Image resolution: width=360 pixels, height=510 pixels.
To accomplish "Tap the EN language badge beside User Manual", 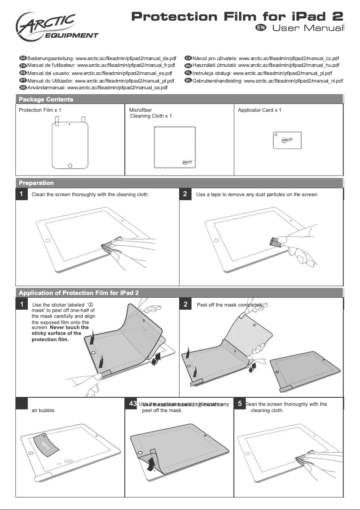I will [x=261, y=28].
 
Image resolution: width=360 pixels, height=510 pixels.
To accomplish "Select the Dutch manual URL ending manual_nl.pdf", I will [x=268, y=81].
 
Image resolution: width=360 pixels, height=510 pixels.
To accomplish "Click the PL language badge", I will [x=188, y=73].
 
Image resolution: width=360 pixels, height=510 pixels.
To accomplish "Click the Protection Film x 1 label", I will [x=40, y=110].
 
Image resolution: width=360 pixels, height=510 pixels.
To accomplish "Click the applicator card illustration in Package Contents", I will [x=287, y=140].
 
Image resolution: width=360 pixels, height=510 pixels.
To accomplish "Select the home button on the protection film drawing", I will [x=70, y=166].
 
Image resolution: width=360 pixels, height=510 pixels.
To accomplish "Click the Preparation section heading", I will [x=36, y=183].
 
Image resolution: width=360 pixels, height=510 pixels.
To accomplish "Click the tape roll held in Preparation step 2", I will [x=275, y=242].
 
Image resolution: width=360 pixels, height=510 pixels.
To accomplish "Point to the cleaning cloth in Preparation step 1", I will [x=110, y=246].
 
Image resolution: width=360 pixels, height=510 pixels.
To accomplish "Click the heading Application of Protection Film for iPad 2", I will [x=79, y=293].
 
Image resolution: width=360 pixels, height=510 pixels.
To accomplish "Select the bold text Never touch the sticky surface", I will [x=58, y=333].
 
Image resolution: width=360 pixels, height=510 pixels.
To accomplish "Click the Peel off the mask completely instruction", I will [x=230, y=305].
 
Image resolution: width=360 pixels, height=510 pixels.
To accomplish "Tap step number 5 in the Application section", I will [x=240, y=404].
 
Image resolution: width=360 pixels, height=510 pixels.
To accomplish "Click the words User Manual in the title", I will [x=307, y=28].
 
